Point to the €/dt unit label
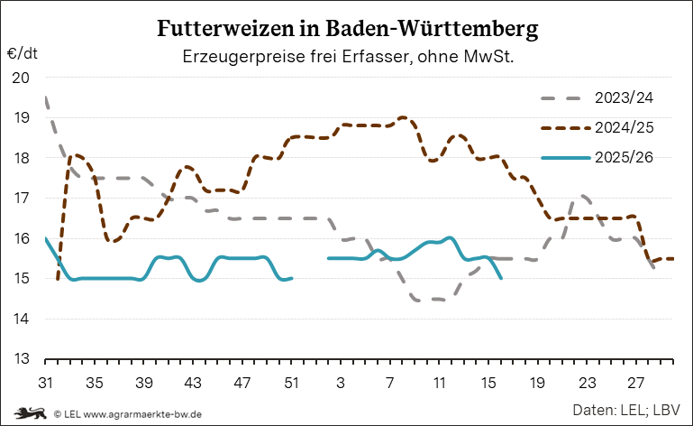point(21,54)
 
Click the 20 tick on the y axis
point(21,78)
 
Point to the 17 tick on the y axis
point(21,199)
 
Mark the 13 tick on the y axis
point(21,359)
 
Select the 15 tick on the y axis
point(21,279)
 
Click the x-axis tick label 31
point(45,383)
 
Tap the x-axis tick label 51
point(291,383)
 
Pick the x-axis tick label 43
point(193,383)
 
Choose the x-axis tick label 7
point(390,383)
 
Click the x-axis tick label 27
point(636,383)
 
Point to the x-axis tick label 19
point(538,383)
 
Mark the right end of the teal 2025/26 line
point(501,278)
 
